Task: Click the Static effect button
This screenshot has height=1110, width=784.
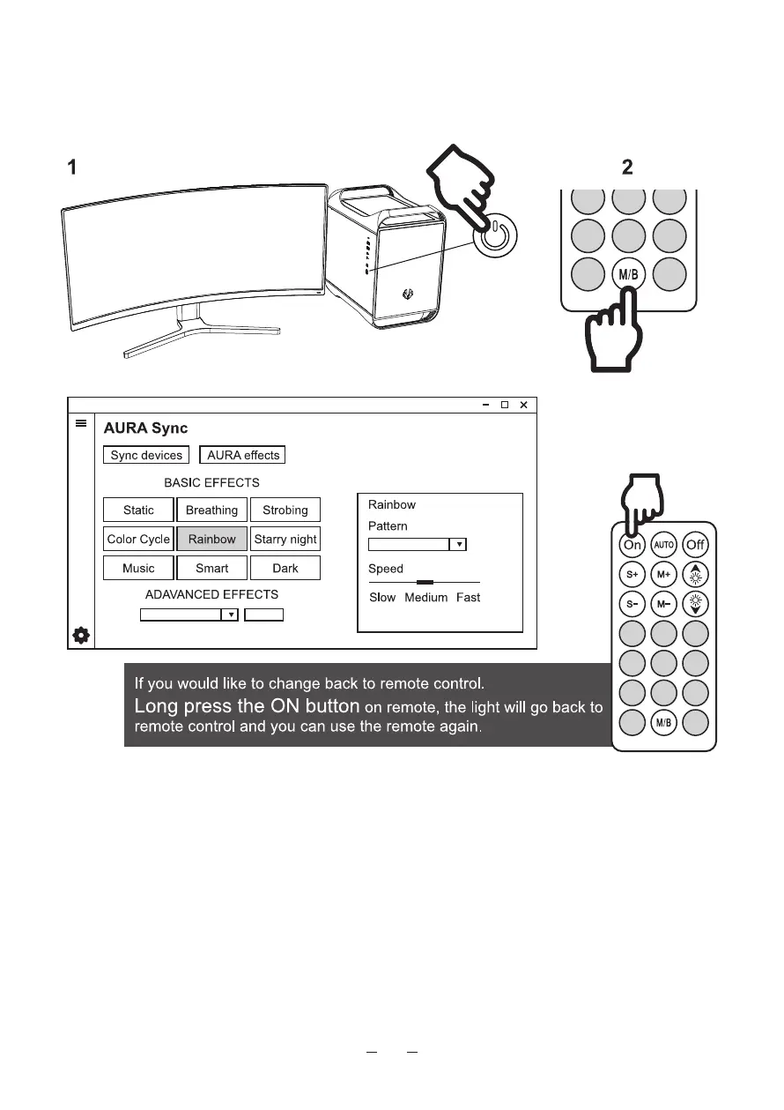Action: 138,510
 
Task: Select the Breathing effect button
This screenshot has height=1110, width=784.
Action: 211,510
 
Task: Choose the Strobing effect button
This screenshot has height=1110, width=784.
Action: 285,510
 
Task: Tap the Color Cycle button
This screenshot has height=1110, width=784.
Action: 138,539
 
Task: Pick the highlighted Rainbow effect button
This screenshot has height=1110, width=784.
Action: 211,539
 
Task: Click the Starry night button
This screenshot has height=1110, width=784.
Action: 285,539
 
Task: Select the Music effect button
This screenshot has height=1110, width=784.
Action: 138,568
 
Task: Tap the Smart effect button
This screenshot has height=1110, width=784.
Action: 211,568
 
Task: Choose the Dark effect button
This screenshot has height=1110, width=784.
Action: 285,568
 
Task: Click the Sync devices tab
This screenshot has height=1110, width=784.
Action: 146,455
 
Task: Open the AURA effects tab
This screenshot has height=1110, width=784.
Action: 243,455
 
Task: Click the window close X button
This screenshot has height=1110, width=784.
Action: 523,405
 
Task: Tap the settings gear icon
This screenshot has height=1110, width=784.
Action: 81,635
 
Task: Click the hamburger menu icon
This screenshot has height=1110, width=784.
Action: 81,423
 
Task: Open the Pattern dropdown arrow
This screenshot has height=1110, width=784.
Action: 457,545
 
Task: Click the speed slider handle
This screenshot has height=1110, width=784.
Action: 425,582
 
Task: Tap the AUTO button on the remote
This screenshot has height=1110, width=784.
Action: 663,545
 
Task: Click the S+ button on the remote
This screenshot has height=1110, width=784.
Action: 632,576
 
